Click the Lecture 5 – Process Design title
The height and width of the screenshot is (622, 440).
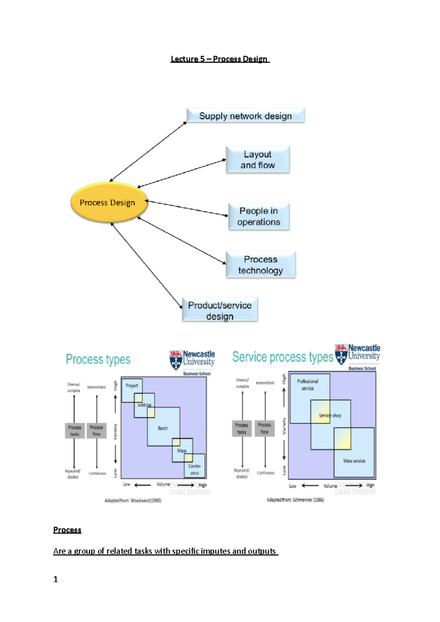(220, 59)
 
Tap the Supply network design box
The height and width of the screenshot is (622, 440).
(245, 116)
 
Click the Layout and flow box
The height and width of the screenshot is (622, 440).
(258, 160)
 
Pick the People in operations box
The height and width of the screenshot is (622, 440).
(258, 216)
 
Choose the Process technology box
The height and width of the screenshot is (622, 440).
(260, 265)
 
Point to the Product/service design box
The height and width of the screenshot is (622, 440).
(220, 310)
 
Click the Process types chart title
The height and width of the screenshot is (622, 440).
(98, 359)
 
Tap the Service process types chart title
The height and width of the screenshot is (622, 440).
(282, 357)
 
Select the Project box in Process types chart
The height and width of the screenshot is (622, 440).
(132, 386)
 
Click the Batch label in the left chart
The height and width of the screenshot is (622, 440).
(163, 428)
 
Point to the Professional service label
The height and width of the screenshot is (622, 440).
(308, 385)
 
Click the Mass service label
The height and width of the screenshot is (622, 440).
(354, 461)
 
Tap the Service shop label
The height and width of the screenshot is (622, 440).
(330, 415)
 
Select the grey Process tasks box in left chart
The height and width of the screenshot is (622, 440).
(75, 430)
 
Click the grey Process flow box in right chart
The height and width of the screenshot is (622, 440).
(264, 428)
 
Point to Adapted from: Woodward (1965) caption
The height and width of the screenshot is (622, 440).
(133, 500)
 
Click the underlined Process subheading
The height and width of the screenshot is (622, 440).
(67, 530)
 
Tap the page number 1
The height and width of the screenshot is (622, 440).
(56, 579)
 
